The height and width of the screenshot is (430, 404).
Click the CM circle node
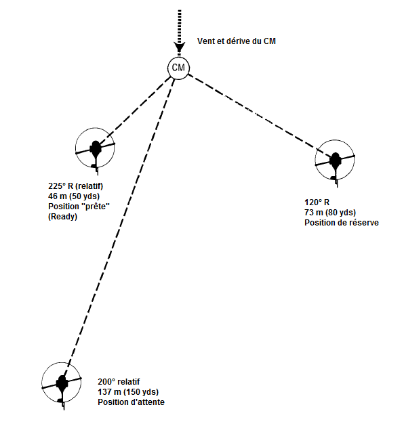click(178, 68)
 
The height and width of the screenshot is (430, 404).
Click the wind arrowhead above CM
click(179, 47)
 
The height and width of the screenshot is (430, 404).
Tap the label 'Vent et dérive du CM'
click(237, 41)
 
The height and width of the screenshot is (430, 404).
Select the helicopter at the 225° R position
click(95, 150)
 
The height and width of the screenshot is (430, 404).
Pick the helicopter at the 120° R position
click(335, 162)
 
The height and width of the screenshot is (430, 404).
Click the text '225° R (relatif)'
click(76, 186)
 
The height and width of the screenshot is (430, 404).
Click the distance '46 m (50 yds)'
click(74, 196)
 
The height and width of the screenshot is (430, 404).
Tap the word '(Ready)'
click(62, 217)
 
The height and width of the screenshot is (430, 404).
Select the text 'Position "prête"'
click(79, 207)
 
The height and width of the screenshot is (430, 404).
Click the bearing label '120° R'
click(317, 202)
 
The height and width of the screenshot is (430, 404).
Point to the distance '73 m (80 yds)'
click(330, 212)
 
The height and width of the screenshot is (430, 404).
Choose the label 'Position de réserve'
click(342, 222)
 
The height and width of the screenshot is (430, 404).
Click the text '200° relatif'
click(119, 381)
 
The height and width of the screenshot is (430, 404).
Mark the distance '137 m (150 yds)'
click(128, 392)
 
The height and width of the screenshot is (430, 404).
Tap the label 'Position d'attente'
click(131, 402)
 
